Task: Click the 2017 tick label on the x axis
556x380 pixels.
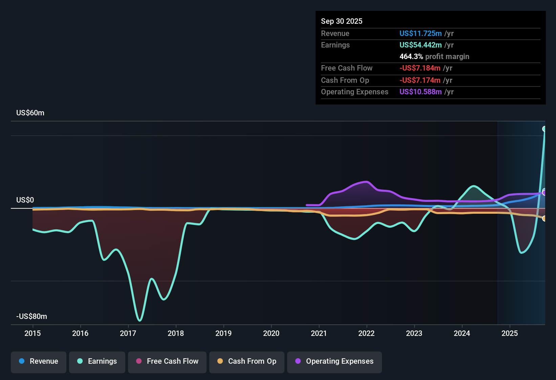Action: point(128,333)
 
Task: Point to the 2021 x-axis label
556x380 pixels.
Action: point(319,333)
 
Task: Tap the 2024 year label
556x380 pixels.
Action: point(462,333)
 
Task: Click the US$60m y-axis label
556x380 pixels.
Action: point(30,113)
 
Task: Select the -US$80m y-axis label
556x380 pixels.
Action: point(31,317)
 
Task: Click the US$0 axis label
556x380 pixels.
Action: point(25,200)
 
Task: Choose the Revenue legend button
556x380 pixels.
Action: point(39,361)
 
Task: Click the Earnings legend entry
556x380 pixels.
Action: point(97,361)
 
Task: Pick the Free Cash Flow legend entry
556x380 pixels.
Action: point(167,361)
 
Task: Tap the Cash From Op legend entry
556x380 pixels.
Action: point(247,361)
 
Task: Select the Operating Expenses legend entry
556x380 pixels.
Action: point(335,361)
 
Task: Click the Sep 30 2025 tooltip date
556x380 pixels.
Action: point(342,21)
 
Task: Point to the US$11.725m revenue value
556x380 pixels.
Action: point(421,33)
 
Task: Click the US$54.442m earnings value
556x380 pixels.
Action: point(421,45)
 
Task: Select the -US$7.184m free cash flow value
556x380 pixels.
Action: point(420,68)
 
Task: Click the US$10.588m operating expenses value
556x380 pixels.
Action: point(421,92)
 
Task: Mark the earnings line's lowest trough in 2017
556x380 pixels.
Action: point(140,320)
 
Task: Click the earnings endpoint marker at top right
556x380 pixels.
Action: point(544,129)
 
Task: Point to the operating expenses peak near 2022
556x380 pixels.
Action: point(366,182)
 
